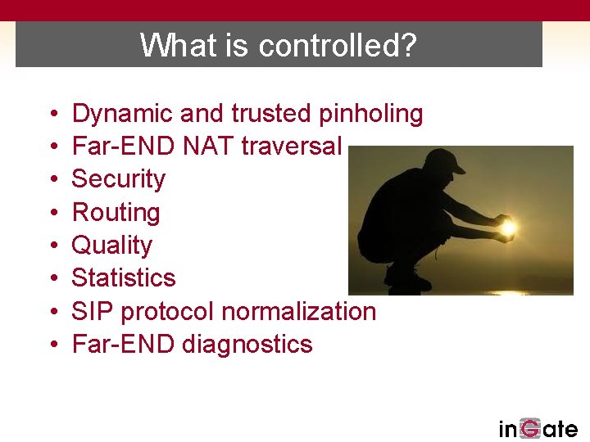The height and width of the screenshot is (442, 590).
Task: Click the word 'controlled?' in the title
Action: (x=337, y=46)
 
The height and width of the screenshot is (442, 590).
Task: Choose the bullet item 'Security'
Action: (x=119, y=179)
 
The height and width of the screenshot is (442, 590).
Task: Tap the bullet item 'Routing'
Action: (x=116, y=213)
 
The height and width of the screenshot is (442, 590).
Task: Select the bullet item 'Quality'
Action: (x=112, y=246)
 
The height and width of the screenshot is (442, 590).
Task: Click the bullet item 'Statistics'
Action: (x=124, y=278)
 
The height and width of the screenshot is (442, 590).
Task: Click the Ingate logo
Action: (x=538, y=428)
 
